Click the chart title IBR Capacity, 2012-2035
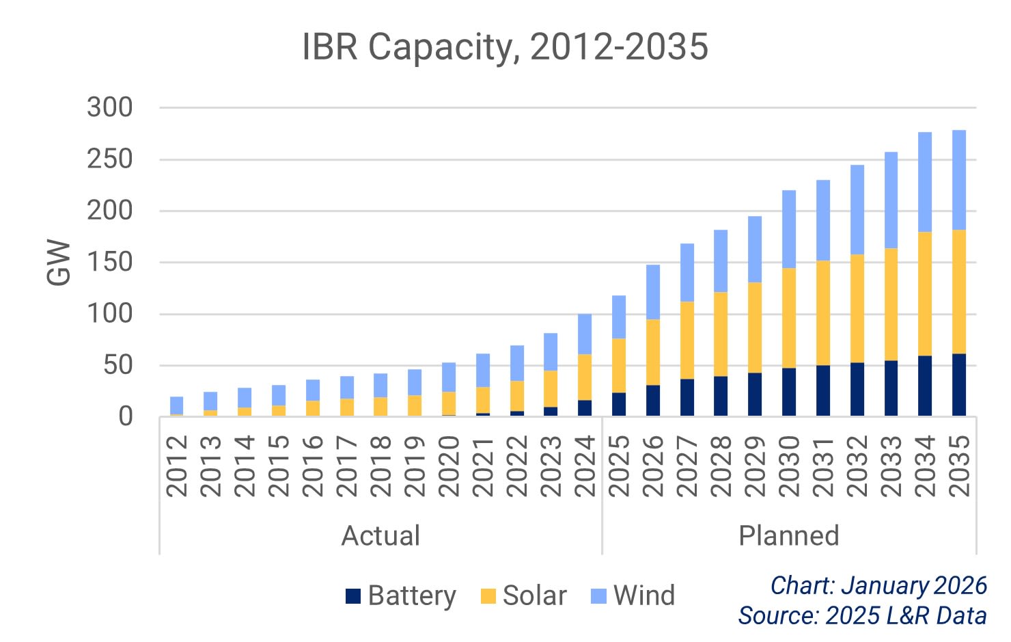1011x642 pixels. [x=505, y=48]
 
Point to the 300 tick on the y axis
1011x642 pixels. [x=109, y=108]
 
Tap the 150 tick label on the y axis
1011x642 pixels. [x=109, y=263]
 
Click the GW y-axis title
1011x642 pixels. [x=59, y=263]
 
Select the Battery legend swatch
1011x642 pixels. [x=352, y=596]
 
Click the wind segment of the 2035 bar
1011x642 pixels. [x=958, y=180]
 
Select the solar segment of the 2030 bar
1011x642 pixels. [x=788, y=318]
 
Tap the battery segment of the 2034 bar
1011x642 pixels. [x=924, y=386]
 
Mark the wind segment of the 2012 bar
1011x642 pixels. [x=176, y=405]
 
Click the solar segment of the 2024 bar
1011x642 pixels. [x=585, y=377]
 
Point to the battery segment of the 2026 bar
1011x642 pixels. [x=653, y=401]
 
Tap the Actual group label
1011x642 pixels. [x=380, y=536]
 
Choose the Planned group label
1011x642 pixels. [x=788, y=536]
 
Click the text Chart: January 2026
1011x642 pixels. [x=878, y=586]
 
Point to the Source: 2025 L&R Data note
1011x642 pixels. [x=862, y=615]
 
